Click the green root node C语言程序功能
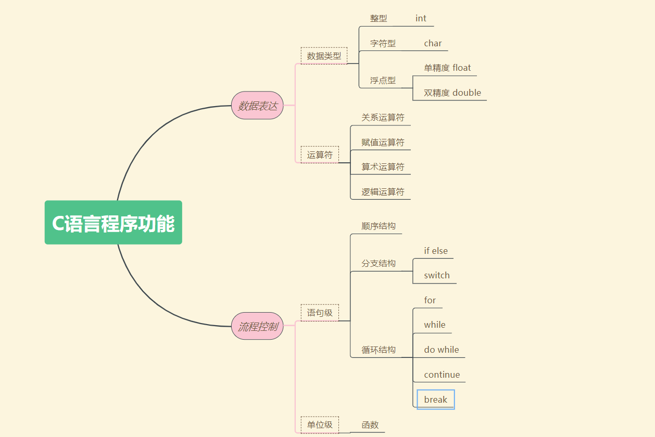tap(113, 223)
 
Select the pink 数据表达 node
tap(257, 106)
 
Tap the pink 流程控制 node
tap(257, 327)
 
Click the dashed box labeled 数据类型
tap(324, 56)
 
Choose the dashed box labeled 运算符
tap(320, 155)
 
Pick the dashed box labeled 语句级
tap(320, 313)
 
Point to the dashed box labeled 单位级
tap(320, 425)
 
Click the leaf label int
tap(421, 18)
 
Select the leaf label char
tap(433, 43)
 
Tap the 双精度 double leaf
tap(452, 93)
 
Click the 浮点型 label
tap(383, 80)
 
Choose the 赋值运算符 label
tap(383, 142)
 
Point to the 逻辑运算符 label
tap(383, 191)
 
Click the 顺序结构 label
tap(379, 226)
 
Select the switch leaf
tap(436, 275)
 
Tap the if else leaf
tap(435, 251)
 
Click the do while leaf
tap(441, 350)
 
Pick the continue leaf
tap(442, 375)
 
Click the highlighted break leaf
tap(436, 400)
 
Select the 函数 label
tap(370, 425)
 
